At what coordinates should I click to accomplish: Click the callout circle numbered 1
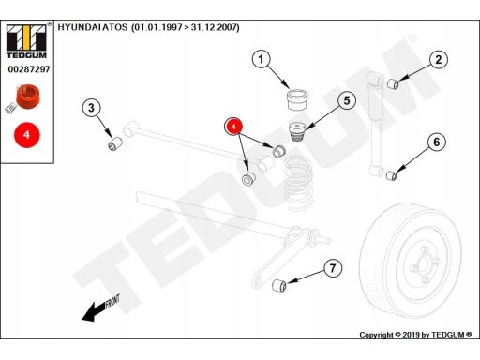click(x=262, y=59)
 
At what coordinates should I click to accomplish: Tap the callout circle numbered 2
click(x=439, y=60)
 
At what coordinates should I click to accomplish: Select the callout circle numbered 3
click(x=91, y=108)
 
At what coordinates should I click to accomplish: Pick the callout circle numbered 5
click(x=347, y=100)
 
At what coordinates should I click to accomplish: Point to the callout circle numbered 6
click(x=437, y=142)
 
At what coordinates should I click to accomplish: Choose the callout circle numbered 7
click(x=333, y=268)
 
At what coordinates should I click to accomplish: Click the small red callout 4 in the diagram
click(x=233, y=127)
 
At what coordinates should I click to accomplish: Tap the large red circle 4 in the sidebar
click(x=27, y=135)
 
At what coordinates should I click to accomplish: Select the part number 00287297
click(x=29, y=69)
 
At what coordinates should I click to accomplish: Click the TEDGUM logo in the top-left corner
click(x=27, y=41)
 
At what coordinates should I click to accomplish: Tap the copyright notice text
click(x=415, y=335)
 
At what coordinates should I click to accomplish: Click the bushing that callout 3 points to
click(x=115, y=143)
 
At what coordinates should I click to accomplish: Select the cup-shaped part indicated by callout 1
click(x=298, y=99)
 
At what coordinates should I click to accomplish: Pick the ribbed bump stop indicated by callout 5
click(x=296, y=131)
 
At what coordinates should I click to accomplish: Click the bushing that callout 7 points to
click(x=279, y=285)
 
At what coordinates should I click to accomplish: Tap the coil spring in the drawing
click(x=297, y=184)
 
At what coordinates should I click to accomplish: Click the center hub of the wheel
click(x=425, y=264)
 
